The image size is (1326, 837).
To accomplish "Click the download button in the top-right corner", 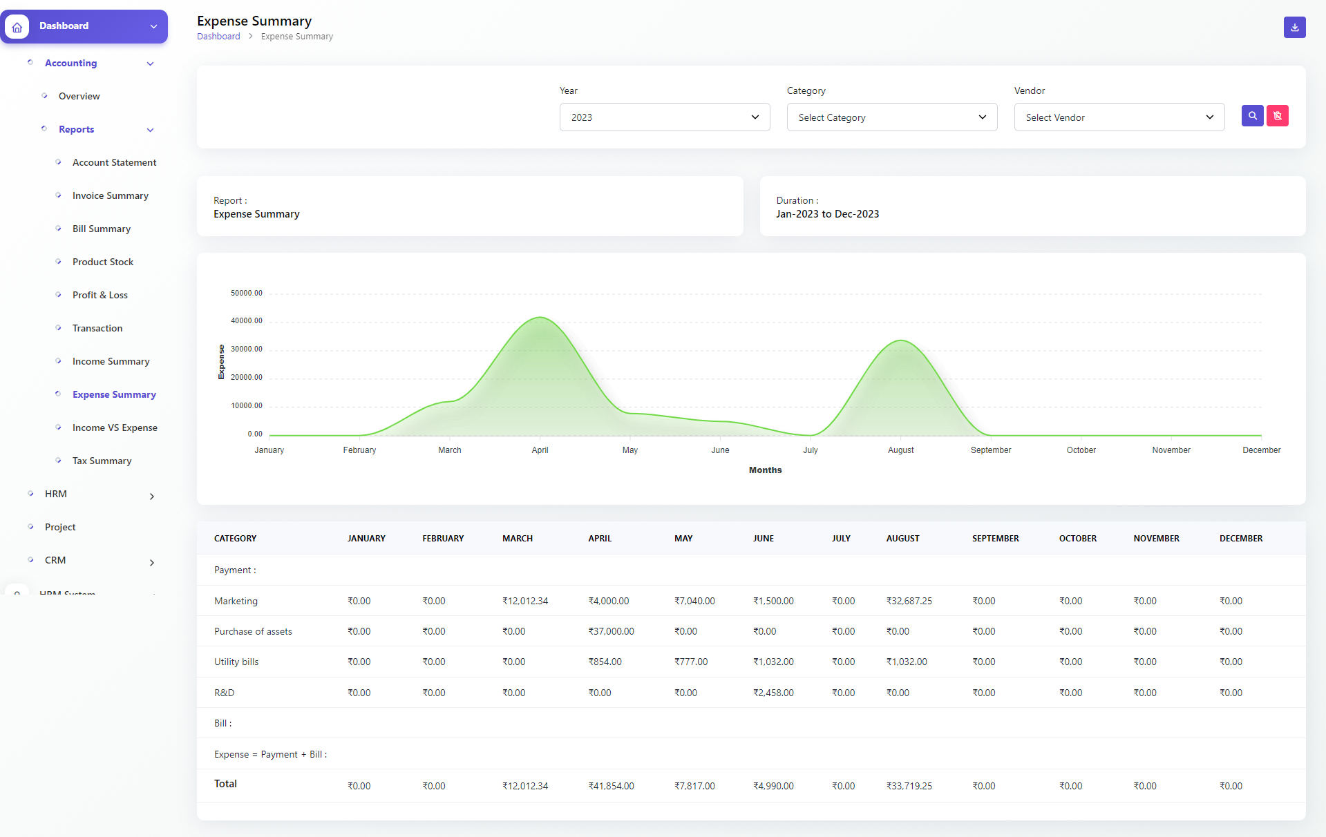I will pos(1294,28).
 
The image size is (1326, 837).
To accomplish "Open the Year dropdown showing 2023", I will pos(664,117).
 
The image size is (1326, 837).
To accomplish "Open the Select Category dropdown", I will pos(891,117).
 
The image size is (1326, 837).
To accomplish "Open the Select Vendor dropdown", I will pos(1119,117).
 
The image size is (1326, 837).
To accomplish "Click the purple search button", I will pos(1252,116).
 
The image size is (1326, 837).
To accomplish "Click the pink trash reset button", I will pos(1277,116).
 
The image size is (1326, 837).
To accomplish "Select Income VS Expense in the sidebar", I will pos(115,427).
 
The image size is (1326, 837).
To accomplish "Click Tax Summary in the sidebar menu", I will pos(102,461).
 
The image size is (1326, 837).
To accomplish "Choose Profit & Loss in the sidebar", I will pos(100,295).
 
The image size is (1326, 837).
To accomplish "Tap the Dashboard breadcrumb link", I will pos(218,37).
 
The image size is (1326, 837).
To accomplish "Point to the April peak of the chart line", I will pos(540,318).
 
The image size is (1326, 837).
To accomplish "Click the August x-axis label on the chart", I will pos(900,450).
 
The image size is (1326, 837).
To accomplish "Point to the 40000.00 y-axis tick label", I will pos(247,320).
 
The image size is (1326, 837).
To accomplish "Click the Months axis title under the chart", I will pos(765,470).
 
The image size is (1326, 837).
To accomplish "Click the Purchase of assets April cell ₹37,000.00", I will pos(611,631).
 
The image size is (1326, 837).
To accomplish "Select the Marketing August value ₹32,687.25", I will pos(909,601).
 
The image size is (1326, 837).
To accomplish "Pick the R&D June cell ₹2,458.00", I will pos(773,693).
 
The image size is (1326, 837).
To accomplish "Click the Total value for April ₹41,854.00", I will pos(611,786).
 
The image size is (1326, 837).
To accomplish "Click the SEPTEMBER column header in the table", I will pos(995,539).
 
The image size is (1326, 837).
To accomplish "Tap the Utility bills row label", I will pos(236,662).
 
